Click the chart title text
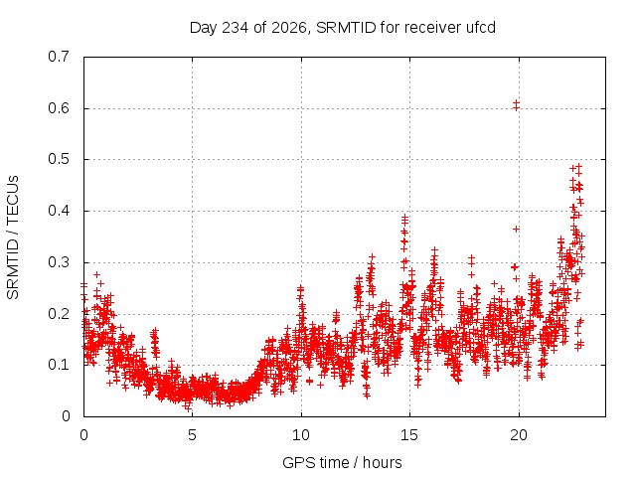(342, 28)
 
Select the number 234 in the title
(235, 28)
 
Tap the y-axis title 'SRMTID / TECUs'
(13, 238)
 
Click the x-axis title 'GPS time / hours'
(342, 462)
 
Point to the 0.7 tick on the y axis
(59, 57)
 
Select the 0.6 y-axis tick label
(59, 108)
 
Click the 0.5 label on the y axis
(59, 159)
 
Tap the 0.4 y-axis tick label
(59, 211)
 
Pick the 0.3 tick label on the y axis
(59, 262)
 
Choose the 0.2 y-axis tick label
(59, 314)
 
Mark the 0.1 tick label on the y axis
(59, 365)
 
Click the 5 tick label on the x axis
(192, 435)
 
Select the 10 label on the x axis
(301, 435)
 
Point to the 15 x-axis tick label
(409, 435)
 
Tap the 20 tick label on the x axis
(519, 435)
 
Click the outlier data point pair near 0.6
(516, 105)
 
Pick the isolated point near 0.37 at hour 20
(516, 230)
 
